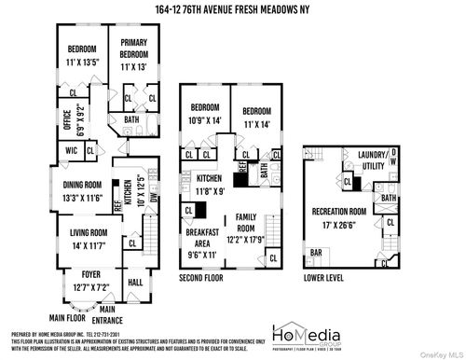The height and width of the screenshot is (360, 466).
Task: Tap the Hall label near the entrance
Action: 134,282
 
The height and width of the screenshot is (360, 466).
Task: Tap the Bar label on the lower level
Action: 316,253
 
